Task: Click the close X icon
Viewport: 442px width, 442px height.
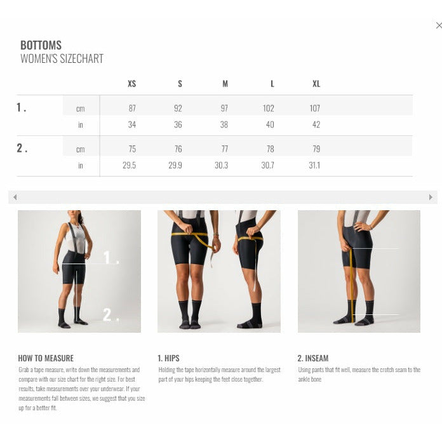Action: point(439,25)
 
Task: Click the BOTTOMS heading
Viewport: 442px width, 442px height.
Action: point(41,45)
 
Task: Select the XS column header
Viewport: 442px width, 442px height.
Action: point(131,84)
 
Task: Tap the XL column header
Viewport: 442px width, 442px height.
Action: point(316,84)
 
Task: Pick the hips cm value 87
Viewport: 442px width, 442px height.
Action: point(132,108)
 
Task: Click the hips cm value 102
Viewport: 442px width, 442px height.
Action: point(268,108)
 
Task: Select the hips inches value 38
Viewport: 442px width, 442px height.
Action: point(224,124)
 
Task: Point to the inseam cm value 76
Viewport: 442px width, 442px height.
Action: point(178,149)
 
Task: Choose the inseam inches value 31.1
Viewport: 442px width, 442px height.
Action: point(314,165)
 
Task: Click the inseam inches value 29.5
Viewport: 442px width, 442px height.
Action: point(129,165)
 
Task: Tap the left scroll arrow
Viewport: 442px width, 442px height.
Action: point(15,197)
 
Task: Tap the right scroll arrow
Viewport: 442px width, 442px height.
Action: point(431,197)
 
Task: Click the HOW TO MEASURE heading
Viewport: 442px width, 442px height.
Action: point(46,358)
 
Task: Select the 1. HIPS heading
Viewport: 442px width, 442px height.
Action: point(168,358)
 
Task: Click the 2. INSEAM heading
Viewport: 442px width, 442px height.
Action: point(313,358)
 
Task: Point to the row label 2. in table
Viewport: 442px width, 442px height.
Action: point(22,148)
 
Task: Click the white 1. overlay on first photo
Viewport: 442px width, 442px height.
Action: point(111,257)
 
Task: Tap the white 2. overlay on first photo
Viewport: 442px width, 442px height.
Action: point(110,314)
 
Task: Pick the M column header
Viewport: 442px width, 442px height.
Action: point(225,84)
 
